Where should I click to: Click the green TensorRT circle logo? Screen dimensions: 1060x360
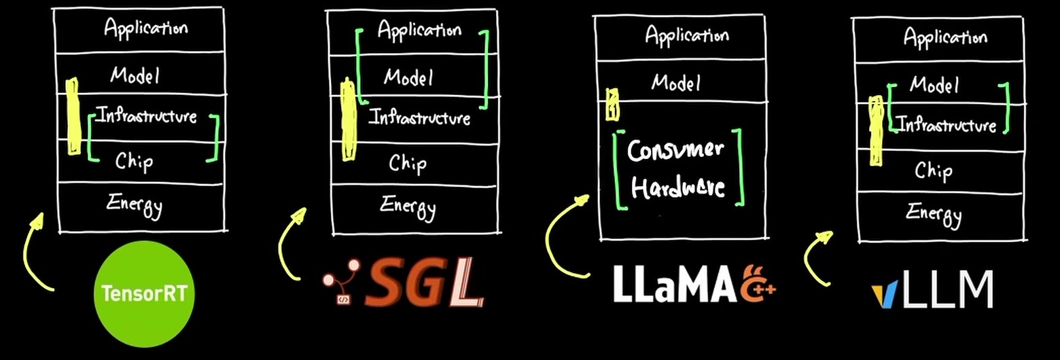(144, 293)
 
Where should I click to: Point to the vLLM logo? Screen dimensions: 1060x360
(932, 289)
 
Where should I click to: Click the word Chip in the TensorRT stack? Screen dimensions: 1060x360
(134, 162)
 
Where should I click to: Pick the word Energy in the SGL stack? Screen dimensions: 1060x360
(408, 207)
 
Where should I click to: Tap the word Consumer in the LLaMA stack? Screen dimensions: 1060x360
(675, 151)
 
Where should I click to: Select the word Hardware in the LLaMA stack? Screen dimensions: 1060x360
(677, 187)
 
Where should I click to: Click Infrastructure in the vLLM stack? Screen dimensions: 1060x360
(947, 125)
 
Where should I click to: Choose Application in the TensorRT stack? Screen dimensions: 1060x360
(145, 28)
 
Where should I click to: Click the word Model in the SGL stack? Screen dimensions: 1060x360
(408, 77)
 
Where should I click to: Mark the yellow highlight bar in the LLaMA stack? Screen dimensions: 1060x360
(612, 104)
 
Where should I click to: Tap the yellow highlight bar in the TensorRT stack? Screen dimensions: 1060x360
(73, 116)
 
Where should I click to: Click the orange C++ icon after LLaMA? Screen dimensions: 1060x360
(758, 283)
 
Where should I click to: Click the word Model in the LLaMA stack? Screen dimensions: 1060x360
(675, 83)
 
